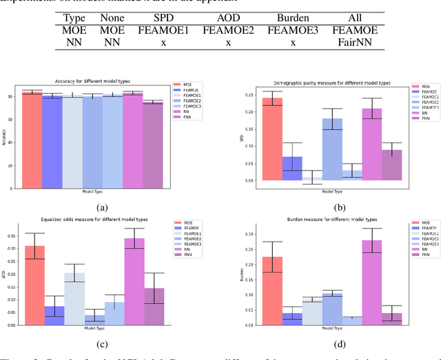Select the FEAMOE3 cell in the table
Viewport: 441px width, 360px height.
coord(293,32)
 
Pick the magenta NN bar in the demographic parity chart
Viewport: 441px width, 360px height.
coord(372,145)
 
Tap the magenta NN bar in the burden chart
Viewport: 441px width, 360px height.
coord(372,282)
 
